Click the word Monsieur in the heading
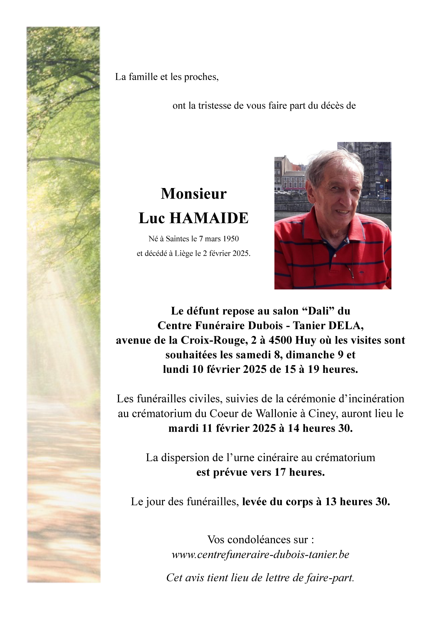193,194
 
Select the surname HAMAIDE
209,218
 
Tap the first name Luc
152,218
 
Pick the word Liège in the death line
184,253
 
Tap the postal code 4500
280,340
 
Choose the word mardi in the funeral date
184,428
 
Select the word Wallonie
277,414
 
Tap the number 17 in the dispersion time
280,472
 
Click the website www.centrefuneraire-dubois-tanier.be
260,555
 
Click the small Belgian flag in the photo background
386,180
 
